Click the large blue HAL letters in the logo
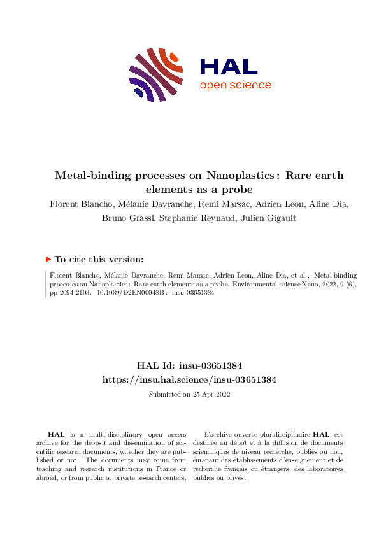[229, 66]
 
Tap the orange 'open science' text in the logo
[235, 85]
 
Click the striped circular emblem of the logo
[153, 74]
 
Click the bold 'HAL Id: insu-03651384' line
[189, 365]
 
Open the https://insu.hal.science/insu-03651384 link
[189, 379]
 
